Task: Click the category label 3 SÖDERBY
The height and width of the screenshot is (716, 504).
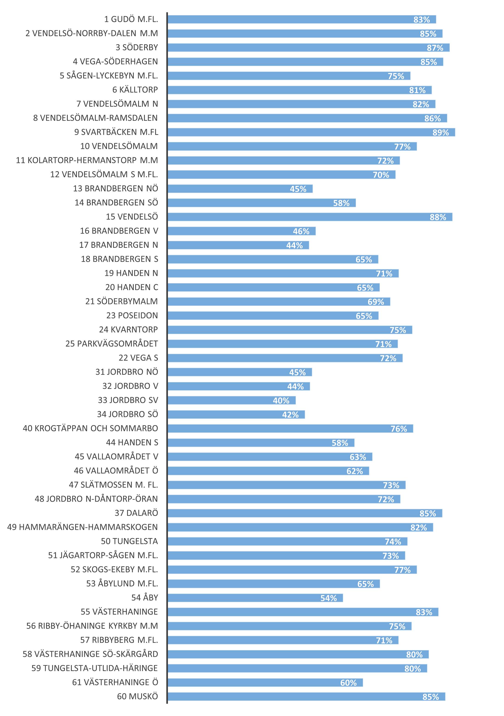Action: click(x=137, y=48)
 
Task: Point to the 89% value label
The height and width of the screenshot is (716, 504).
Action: click(x=440, y=133)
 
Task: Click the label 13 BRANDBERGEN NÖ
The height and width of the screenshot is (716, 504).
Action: click(x=116, y=189)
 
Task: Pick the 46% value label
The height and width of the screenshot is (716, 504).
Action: click(x=301, y=231)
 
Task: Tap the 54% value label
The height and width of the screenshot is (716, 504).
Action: click(x=329, y=598)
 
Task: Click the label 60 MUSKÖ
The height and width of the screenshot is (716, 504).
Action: click(x=137, y=696)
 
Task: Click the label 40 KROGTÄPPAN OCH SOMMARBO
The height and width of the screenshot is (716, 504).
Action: click(x=90, y=428)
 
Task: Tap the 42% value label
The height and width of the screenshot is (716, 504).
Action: click(x=290, y=415)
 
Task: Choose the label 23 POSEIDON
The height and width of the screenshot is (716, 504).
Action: click(x=132, y=316)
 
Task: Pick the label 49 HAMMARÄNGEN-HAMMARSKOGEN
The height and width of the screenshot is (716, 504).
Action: click(x=83, y=527)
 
